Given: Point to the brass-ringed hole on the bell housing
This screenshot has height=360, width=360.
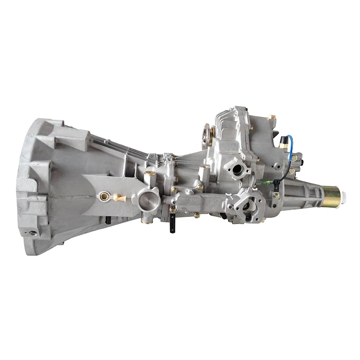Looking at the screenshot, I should click(x=102, y=196).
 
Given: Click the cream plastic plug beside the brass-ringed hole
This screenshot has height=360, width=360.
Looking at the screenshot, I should click(x=119, y=197).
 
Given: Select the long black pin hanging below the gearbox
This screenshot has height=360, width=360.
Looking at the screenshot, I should click(x=171, y=226).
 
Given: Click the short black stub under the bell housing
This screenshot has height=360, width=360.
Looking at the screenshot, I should click(x=108, y=220).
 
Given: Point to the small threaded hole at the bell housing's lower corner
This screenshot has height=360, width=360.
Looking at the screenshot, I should click(x=33, y=233).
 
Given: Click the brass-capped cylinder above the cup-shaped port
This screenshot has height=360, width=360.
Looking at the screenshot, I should click(x=150, y=173).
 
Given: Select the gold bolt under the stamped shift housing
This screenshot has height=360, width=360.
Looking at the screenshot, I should click(x=197, y=215).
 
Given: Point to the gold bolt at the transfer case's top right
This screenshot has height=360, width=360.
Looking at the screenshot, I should click(x=272, y=118).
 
